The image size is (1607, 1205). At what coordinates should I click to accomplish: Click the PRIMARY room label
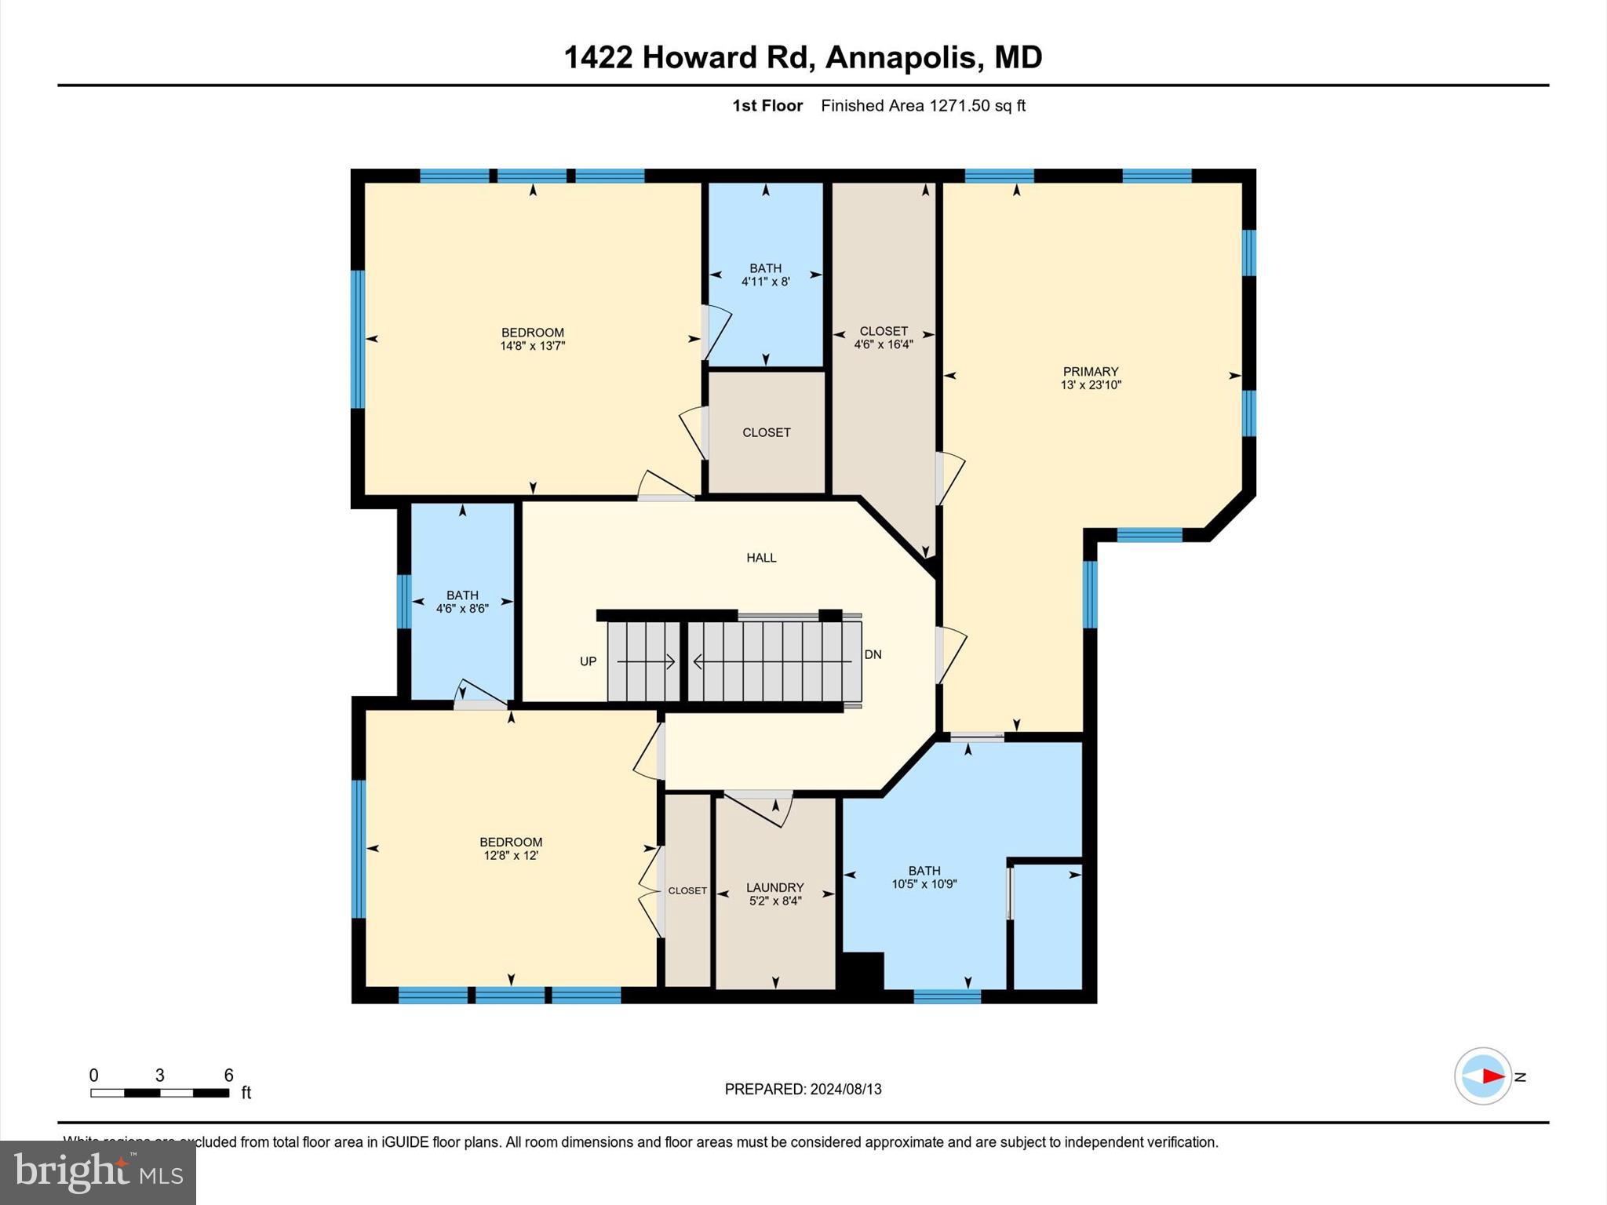click(1090, 372)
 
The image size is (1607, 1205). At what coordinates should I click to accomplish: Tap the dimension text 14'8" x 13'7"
click(532, 346)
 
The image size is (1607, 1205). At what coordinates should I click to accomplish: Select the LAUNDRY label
click(774, 888)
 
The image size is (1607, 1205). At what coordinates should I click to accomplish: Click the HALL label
click(761, 558)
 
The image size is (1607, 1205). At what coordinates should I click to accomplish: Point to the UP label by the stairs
click(589, 661)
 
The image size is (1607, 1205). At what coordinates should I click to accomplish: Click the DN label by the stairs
click(873, 654)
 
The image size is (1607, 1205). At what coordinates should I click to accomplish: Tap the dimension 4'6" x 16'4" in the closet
click(884, 344)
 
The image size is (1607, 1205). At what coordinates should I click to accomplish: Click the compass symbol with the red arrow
click(1482, 1076)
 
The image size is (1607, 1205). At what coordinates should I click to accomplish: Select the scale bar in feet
click(159, 1093)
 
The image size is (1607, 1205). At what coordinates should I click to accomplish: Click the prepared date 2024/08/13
click(846, 1089)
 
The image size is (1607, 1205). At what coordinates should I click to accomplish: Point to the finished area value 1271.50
click(959, 106)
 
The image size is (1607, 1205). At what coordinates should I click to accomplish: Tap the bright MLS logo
click(98, 1173)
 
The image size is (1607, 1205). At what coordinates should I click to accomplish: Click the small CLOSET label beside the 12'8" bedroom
click(687, 890)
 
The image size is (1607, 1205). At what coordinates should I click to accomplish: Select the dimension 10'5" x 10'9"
click(924, 884)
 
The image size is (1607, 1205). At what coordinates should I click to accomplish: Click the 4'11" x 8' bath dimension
click(765, 282)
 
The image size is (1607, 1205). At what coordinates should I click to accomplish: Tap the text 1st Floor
click(767, 106)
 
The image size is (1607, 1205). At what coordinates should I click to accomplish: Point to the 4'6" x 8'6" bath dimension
click(462, 608)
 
